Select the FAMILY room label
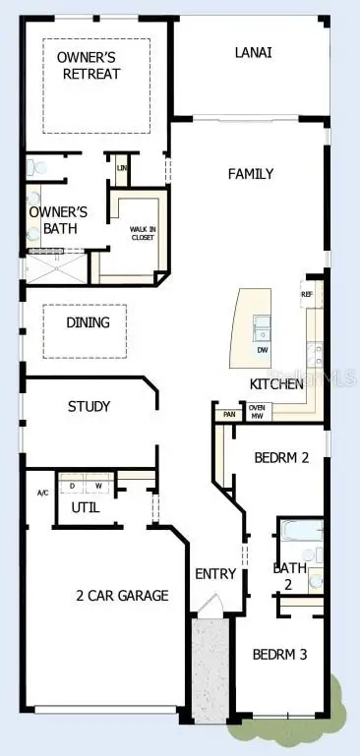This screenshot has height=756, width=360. pos(251,174)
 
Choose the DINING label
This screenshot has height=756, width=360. pos(88,321)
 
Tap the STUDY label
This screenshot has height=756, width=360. pos(89,406)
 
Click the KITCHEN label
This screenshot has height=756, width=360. pos(275,384)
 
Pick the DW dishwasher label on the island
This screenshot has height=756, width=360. pos(263,350)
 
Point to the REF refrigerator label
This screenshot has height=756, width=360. pos(307,294)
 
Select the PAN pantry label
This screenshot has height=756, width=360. pos(228,414)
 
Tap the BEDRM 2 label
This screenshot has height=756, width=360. pos(282,457)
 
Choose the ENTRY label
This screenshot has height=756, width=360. pos(214,574)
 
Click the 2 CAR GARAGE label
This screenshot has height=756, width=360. pos(123,595)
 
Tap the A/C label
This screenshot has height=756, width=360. pos(42,493)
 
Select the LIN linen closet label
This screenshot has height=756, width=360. pos(122,168)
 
